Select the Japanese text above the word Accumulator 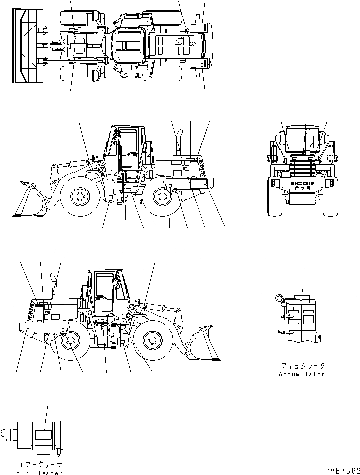point(303,366)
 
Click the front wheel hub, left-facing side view point(79,197)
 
